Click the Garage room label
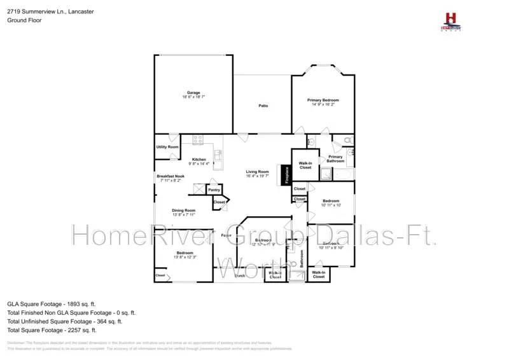193,92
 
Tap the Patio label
262,106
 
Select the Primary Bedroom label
323,100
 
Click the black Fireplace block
286,176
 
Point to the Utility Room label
167,147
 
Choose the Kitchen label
199,160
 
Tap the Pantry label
214,190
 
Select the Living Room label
258,172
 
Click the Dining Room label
183,211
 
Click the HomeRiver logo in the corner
451,21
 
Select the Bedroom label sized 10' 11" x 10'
331,201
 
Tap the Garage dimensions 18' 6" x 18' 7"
193,97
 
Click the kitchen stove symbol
198,139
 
